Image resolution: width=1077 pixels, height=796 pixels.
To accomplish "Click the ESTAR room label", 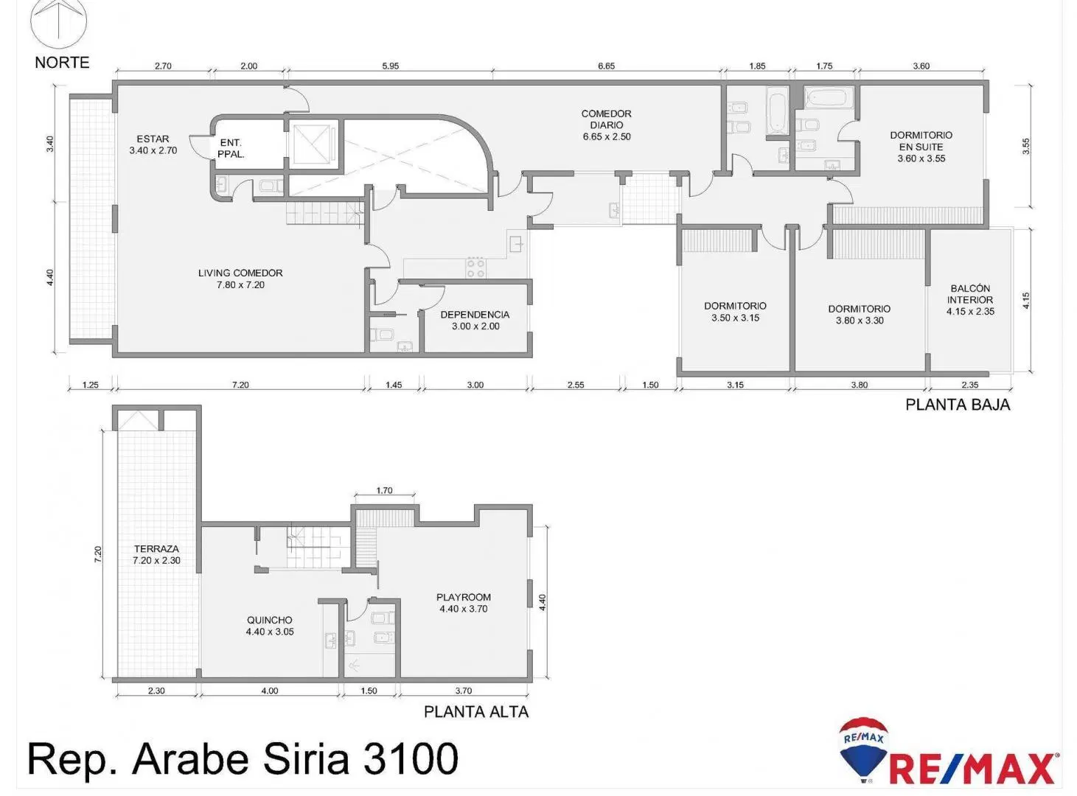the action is (x=153, y=139).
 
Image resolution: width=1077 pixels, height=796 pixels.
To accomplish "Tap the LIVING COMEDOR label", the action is (x=240, y=273).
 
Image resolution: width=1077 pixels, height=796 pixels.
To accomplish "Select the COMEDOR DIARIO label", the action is (x=607, y=119).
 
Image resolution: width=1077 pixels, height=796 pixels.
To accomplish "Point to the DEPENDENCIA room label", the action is (x=475, y=315).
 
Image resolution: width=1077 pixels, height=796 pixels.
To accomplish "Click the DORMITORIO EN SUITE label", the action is (x=921, y=141).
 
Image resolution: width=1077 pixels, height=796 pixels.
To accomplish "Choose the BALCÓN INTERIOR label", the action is (x=970, y=294).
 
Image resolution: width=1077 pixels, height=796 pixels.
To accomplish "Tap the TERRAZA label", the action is (x=156, y=549).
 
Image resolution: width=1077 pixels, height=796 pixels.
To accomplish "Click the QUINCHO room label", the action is (x=270, y=620).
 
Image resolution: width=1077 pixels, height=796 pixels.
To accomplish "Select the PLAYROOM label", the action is (x=463, y=597).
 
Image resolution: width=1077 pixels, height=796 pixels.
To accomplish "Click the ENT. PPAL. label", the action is (x=231, y=149).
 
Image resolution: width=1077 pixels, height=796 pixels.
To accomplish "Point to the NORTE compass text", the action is (x=62, y=63).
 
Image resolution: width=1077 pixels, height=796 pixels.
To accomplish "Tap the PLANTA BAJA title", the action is (x=958, y=405).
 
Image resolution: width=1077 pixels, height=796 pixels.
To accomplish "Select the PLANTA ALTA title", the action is (x=476, y=712).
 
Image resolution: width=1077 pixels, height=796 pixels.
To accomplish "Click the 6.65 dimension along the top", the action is (x=607, y=66).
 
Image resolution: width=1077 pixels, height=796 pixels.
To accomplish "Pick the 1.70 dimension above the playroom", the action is (x=384, y=491).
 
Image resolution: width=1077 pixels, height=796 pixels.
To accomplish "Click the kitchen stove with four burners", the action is (x=475, y=268).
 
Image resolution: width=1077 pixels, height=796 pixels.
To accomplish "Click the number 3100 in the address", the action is (x=411, y=758).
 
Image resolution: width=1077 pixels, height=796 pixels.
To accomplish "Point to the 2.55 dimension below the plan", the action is (x=576, y=385).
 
